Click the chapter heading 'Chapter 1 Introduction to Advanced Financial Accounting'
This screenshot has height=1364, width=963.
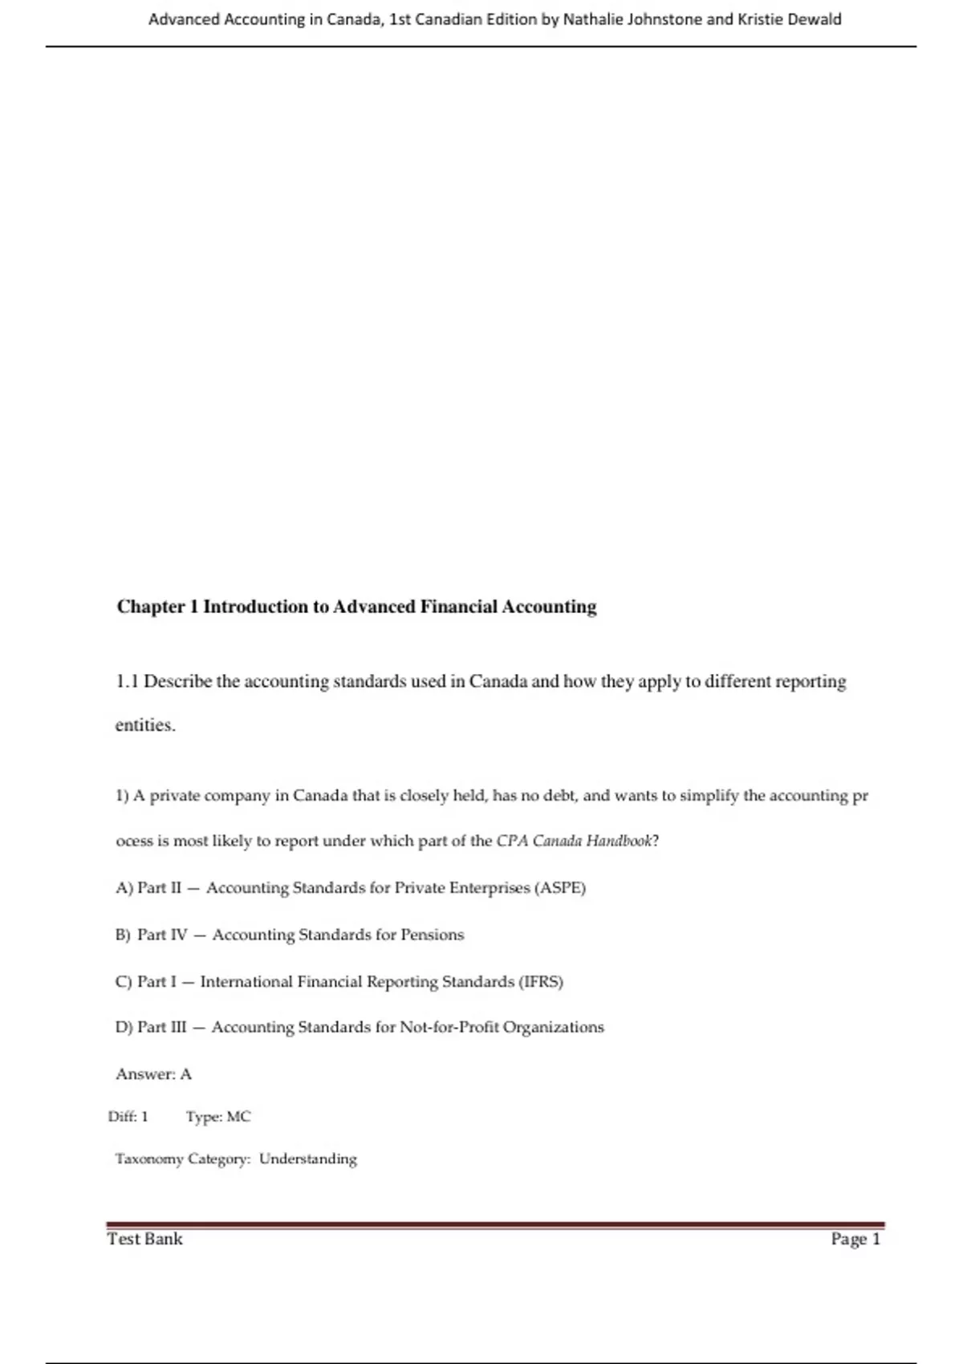(356, 607)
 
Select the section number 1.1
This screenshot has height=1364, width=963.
(127, 682)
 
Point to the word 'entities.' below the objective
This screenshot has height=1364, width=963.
(145, 725)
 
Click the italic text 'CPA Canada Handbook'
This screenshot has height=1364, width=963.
(575, 841)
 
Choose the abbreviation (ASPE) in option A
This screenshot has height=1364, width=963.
(559, 888)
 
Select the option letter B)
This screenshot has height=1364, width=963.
(123, 935)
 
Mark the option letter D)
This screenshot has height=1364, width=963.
(124, 1027)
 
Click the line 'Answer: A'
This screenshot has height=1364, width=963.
(153, 1074)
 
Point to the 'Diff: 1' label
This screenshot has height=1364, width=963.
(128, 1117)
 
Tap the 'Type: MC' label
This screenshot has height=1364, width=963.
(218, 1117)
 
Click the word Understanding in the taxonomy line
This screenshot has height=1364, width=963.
(307, 1159)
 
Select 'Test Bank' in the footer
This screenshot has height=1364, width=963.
(145, 1239)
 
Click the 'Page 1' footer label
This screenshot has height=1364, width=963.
(855, 1239)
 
